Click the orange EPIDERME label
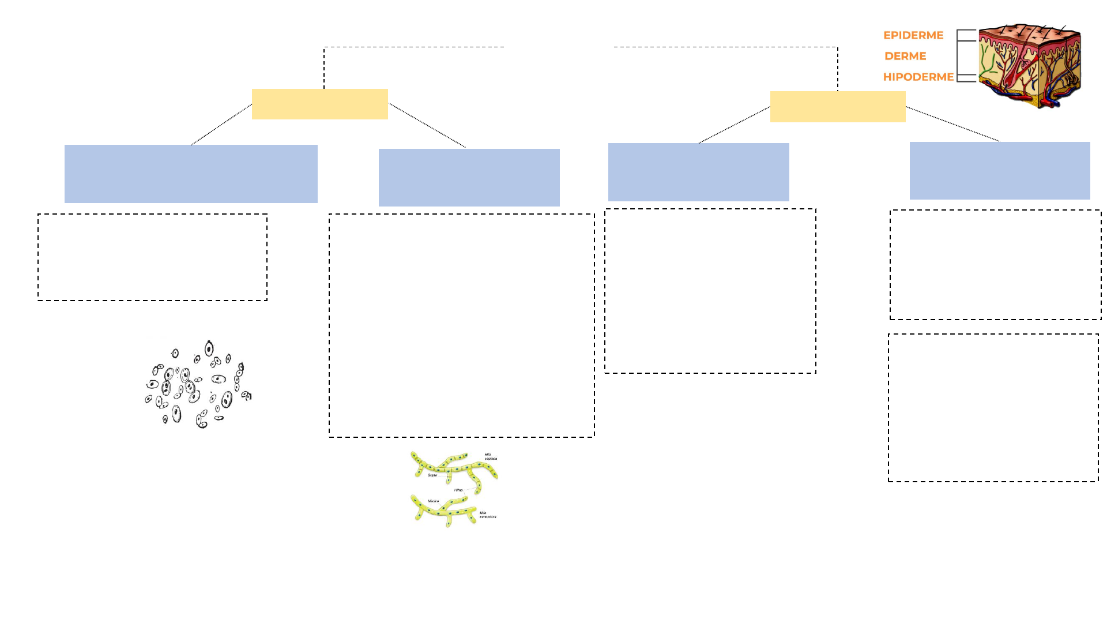click(x=913, y=35)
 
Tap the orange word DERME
click(x=905, y=56)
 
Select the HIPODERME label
click(x=918, y=77)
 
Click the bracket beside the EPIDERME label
click(x=966, y=35)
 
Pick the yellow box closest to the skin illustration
click(x=838, y=107)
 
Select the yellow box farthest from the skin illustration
click(x=319, y=104)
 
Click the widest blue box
click(x=191, y=174)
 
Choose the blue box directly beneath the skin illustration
click(x=1000, y=171)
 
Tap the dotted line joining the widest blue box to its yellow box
click(x=221, y=124)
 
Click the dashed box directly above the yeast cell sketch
click(x=153, y=257)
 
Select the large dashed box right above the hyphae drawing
click(x=461, y=325)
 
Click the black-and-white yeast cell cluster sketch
click(x=198, y=384)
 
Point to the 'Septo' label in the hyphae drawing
click(x=432, y=475)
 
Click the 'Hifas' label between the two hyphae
click(x=458, y=490)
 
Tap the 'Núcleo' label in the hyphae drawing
click(x=433, y=501)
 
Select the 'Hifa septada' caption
click(x=491, y=456)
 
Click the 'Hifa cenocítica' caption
click(x=488, y=515)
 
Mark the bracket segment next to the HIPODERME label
click(x=966, y=78)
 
